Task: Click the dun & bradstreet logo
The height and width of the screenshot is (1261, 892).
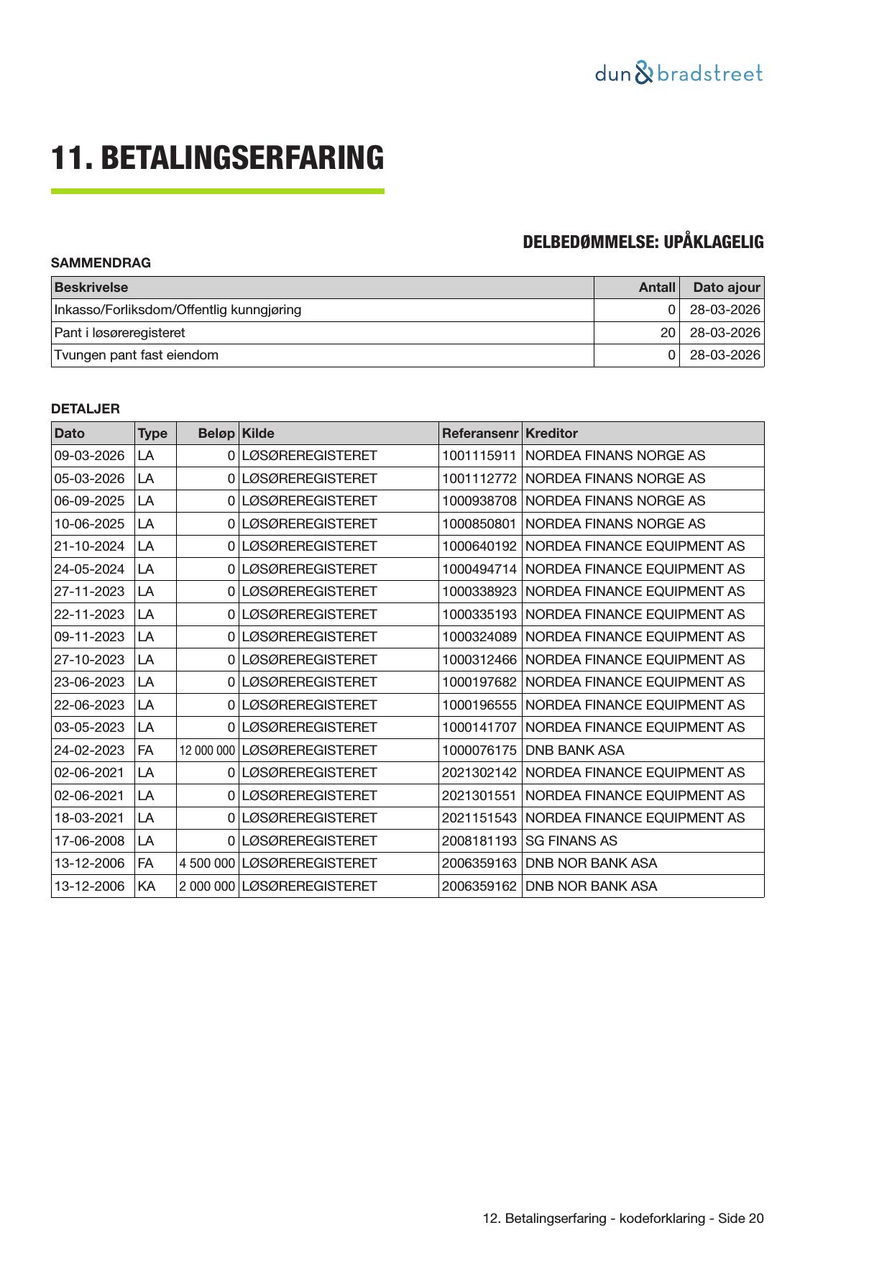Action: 679,73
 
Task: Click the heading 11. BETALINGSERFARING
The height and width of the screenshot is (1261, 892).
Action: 217,158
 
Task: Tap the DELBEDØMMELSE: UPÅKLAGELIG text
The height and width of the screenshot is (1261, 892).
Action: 643,242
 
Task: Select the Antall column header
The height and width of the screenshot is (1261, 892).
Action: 657,288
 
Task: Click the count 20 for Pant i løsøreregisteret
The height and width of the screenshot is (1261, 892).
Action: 668,333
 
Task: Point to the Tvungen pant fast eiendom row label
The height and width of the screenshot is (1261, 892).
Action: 137,355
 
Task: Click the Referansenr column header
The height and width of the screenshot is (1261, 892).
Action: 479,434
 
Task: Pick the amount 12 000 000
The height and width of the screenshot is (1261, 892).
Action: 207,751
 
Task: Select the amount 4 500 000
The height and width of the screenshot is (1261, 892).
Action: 207,863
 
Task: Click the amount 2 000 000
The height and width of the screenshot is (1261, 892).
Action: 207,886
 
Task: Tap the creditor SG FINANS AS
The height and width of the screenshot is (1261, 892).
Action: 571,841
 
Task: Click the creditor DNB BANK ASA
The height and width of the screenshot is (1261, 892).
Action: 575,751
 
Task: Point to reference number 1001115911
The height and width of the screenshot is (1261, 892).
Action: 479,456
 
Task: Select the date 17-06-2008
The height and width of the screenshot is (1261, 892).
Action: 89,841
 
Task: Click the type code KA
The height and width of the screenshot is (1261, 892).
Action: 146,886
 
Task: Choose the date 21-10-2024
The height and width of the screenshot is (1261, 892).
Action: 89,546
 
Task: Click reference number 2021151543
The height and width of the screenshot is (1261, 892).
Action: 479,818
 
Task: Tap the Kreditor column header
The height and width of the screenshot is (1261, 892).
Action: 551,434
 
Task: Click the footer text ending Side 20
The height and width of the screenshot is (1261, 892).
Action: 623,1219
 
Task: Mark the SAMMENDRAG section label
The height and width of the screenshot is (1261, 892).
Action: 101,263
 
